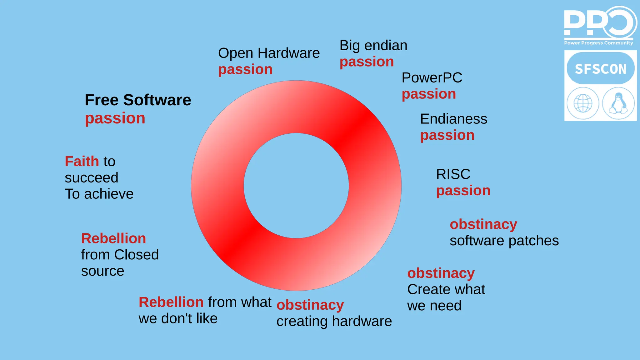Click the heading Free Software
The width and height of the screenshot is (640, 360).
click(x=138, y=100)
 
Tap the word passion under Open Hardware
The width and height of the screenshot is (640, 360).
click(x=245, y=69)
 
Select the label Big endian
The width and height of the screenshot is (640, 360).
click(x=373, y=46)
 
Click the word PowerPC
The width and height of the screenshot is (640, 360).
click(x=432, y=78)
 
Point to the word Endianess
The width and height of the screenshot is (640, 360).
click(x=453, y=119)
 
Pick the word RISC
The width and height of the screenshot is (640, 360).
click(x=453, y=174)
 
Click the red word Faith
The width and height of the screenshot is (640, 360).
click(x=82, y=162)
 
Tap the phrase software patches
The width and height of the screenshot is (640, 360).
click(x=504, y=241)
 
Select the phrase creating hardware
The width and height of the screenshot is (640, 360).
click(x=334, y=321)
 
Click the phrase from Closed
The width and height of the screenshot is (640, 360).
click(x=120, y=255)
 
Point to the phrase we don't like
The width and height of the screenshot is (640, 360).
click(x=178, y=319)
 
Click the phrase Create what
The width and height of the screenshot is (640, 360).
click(x=446, y=289)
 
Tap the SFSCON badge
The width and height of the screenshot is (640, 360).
click(x=600, y=69)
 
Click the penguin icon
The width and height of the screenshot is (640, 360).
click(x=618, y=103)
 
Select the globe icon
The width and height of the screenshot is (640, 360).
click(x=583, y=103)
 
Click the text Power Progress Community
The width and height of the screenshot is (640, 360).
click(x=598, y=43)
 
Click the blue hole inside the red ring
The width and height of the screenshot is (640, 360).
click(x=296, y=186)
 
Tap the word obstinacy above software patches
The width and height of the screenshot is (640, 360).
click(x=483, y=224)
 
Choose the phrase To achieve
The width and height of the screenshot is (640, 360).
click(x=99, y=194)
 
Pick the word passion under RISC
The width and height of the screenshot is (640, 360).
click(x=463, y=191)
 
